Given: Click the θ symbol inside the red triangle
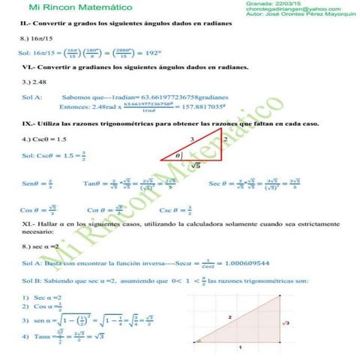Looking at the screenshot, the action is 178,156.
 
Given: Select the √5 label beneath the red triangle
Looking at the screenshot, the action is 194,165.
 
